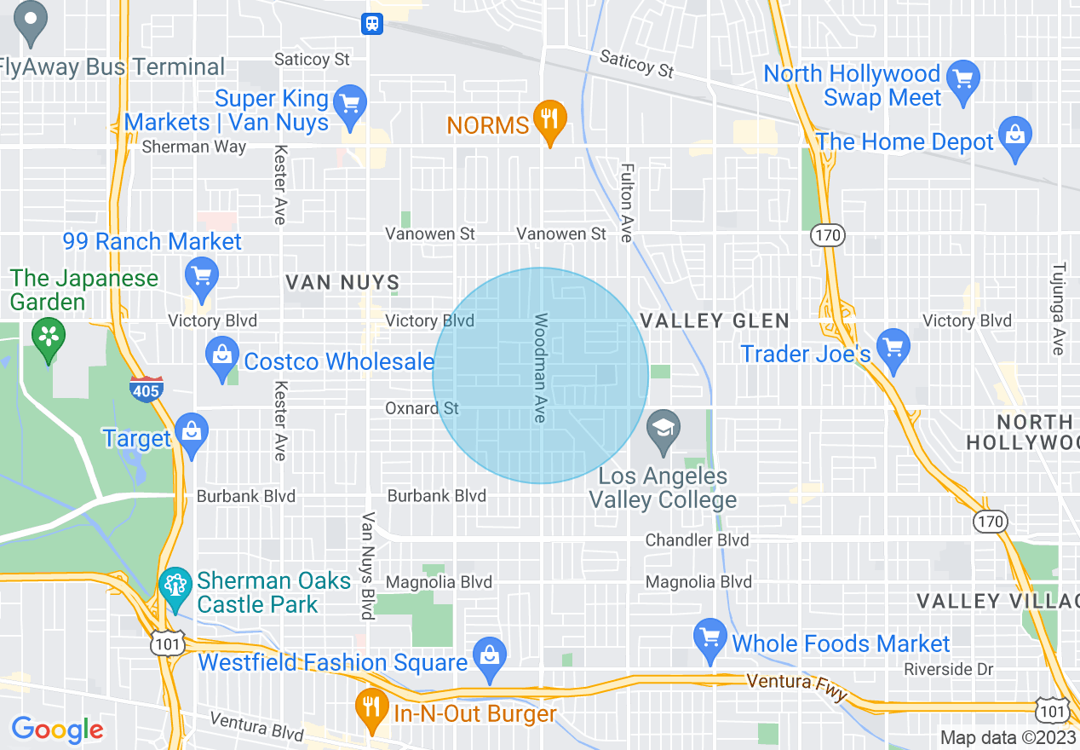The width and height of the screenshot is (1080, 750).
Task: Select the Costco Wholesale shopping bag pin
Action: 222,358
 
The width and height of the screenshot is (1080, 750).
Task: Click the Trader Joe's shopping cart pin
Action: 893,349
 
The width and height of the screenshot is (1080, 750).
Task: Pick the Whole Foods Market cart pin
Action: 709,639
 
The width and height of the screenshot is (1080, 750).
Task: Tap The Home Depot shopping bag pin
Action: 1015,137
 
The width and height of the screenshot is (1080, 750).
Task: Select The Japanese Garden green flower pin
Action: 49,337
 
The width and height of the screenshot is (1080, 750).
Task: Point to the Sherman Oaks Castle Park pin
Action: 175,587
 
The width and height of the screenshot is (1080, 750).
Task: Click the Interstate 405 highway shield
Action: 146,389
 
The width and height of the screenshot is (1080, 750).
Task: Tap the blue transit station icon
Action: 372,24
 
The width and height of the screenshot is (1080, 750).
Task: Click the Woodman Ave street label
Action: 540,367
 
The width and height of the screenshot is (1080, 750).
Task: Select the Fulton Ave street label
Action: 627,203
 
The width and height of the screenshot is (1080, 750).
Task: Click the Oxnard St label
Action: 422,408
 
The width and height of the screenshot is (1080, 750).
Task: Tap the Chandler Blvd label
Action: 697,539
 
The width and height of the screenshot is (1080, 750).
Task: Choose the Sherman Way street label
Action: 193,147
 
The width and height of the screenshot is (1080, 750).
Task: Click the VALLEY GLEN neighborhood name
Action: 715,320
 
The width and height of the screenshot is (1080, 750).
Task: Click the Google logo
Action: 57,730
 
